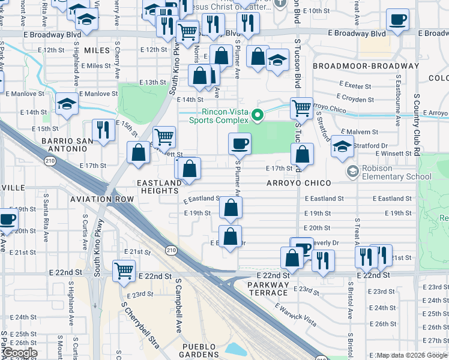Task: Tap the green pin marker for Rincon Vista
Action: click(258, 115)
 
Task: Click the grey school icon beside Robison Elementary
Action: click(352, 172)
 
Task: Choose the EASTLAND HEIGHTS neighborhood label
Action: click(159, 187)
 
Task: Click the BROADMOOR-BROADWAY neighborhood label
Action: click(366, 66)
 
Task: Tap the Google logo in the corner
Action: click(19, 353)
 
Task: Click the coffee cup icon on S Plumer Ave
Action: click(240, 144)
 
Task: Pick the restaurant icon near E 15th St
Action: click(103, 130)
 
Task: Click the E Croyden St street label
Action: click(355, 97)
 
